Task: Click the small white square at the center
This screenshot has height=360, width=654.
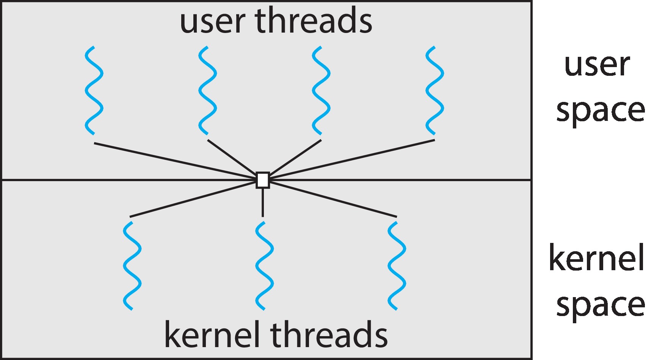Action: pos(263,180)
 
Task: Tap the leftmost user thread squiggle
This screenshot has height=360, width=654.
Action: pos(94,91)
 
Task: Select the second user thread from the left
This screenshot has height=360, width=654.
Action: pos(207,91)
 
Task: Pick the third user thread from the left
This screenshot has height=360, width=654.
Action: pos(321,91)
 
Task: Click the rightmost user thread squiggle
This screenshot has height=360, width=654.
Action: pos(434,91)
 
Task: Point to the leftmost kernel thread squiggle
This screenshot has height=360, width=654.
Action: pos(132,266)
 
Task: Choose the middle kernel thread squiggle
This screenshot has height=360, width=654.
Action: pos(264,266)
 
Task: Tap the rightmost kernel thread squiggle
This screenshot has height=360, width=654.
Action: pos(397,266)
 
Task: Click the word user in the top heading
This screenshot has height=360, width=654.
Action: pos(212,22)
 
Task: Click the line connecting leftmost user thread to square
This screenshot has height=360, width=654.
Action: pos(174,160)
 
